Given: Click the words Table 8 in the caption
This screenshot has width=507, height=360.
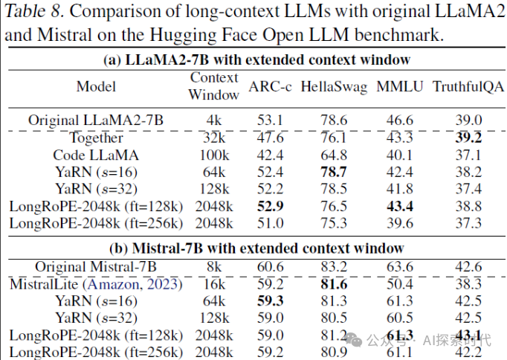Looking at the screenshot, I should (x=34, y=11).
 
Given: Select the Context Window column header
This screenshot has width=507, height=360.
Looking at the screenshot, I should (x=213, y=86).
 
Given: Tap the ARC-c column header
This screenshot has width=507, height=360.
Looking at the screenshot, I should (x=270, y=87).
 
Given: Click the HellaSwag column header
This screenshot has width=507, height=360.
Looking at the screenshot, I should (x=334, y=87).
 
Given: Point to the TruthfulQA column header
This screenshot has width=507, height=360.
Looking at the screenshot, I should (x=468, y=87).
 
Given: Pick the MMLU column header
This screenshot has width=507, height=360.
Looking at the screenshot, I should (x=399, y=87).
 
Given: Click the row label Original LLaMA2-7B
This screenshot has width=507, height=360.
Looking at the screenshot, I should (x=96, y=120).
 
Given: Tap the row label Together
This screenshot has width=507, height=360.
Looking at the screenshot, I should (x=96, y=138).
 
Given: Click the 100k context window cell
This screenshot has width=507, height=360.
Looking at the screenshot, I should (x=213, y=155).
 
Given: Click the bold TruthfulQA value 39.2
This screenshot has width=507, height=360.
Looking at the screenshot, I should (x=468, y=138).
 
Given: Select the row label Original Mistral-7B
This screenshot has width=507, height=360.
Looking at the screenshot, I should (x=96, y=266).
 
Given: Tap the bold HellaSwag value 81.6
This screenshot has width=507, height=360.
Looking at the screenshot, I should (x=334, y=283).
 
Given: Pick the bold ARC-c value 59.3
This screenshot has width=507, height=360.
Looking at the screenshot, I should (x=270, y=300).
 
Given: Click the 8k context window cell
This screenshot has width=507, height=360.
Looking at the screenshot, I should (x=213, y=266).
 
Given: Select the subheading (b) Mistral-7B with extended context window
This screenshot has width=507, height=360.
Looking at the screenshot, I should (x=253, y=248).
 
